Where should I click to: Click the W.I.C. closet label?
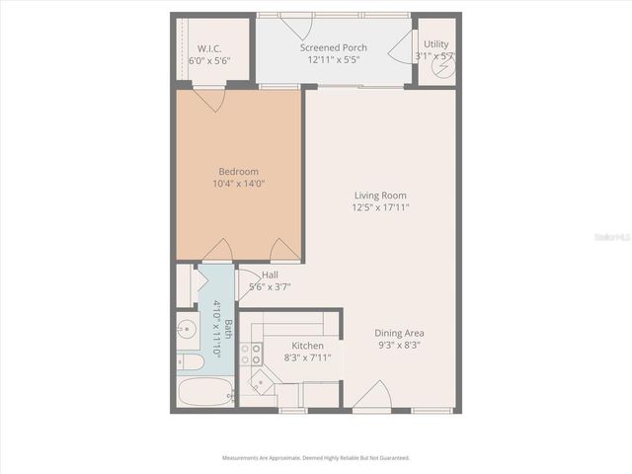click(207, 47)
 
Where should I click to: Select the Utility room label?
click(435, 44)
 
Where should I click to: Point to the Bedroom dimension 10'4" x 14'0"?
click(238, 183)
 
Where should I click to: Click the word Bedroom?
click(238, 171)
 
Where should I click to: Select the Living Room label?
click(379, 196)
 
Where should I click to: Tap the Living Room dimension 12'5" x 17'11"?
click(379, 207)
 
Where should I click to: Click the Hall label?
click(270, 275)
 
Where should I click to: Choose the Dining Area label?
click(400, 334)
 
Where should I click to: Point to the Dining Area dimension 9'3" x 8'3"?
click(400, 346)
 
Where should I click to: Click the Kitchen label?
click(307, 346)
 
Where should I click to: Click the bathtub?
click(203, 392)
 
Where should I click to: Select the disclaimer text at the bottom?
click(316, 457)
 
